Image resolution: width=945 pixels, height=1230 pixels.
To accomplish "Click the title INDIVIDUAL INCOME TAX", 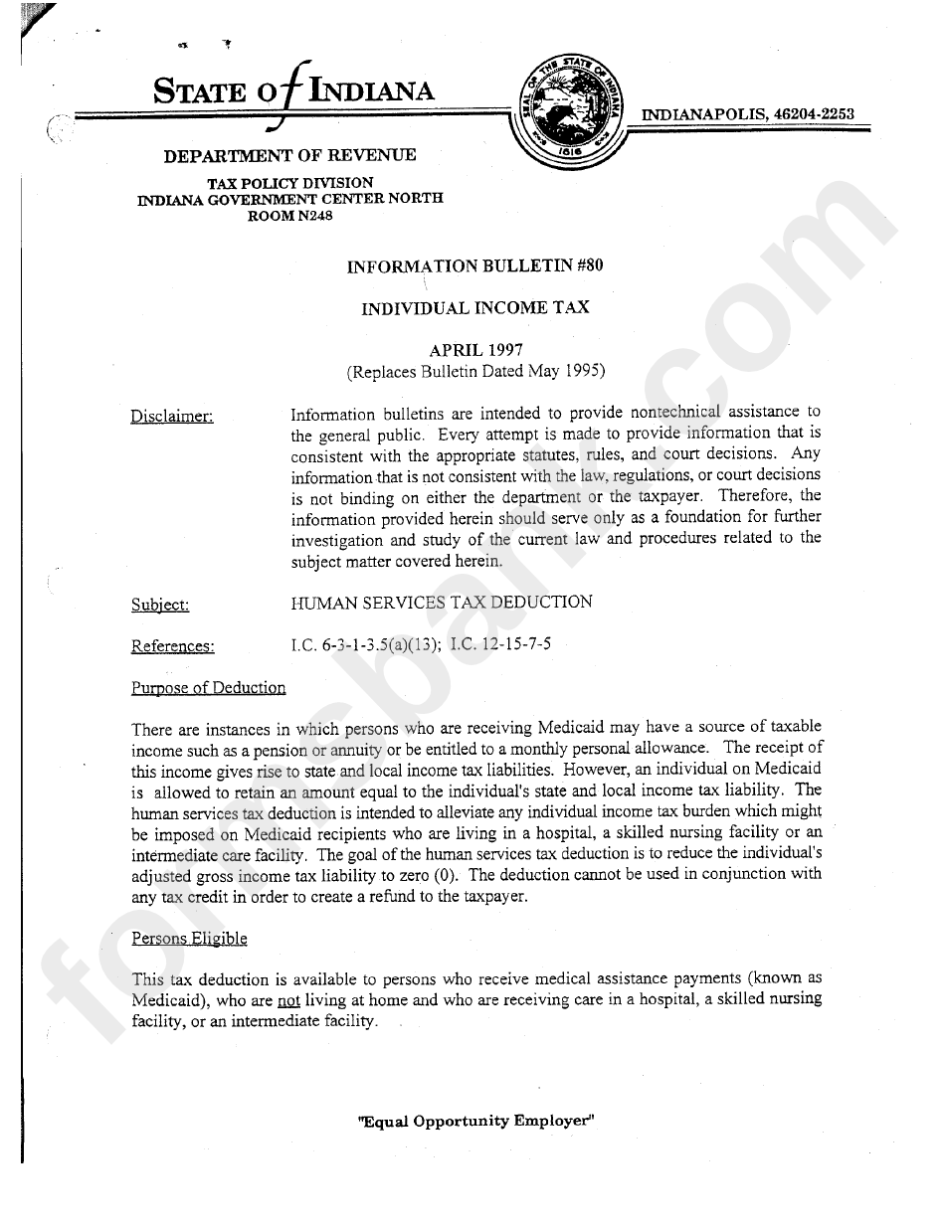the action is click(474, 308).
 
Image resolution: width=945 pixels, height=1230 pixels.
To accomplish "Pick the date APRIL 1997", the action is click(474, 350).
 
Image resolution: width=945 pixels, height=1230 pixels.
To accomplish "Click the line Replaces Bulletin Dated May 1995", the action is click(475, 372).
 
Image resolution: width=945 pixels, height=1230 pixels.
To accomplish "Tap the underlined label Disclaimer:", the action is click(172, 416).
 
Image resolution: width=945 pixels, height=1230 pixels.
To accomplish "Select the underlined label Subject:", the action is click(160, 605).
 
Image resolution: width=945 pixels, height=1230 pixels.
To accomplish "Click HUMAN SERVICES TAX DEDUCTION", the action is click(441, 603).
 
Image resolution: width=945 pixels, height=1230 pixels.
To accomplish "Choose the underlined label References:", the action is click(172, 646).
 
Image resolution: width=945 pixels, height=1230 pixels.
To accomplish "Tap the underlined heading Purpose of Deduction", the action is click(208, 688).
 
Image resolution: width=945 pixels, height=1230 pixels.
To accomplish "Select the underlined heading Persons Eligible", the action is click(189, 938).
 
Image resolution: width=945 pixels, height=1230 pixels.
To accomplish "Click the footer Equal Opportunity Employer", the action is click(474, 1120).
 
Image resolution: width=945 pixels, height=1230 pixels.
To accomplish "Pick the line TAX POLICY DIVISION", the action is click(289, 183).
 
